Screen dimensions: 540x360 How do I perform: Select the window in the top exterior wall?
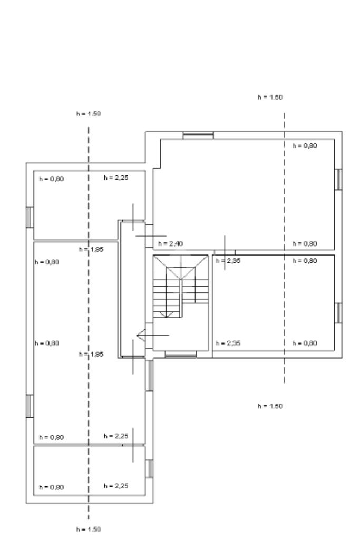tap(198, 136)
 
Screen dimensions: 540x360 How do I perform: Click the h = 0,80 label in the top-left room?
tap(52, 179)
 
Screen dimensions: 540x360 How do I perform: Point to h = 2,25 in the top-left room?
tap(116, 178)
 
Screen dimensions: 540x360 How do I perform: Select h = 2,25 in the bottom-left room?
tap(116, 485)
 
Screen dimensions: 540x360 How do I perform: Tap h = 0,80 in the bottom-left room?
tap(52, 487)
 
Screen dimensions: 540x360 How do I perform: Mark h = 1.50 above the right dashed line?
tap(268, 97)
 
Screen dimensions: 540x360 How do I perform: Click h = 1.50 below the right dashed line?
tap(268, 406)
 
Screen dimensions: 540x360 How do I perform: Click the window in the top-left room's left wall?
tap(30, 217)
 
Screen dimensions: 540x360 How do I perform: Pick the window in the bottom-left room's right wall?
tap(149, 468)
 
